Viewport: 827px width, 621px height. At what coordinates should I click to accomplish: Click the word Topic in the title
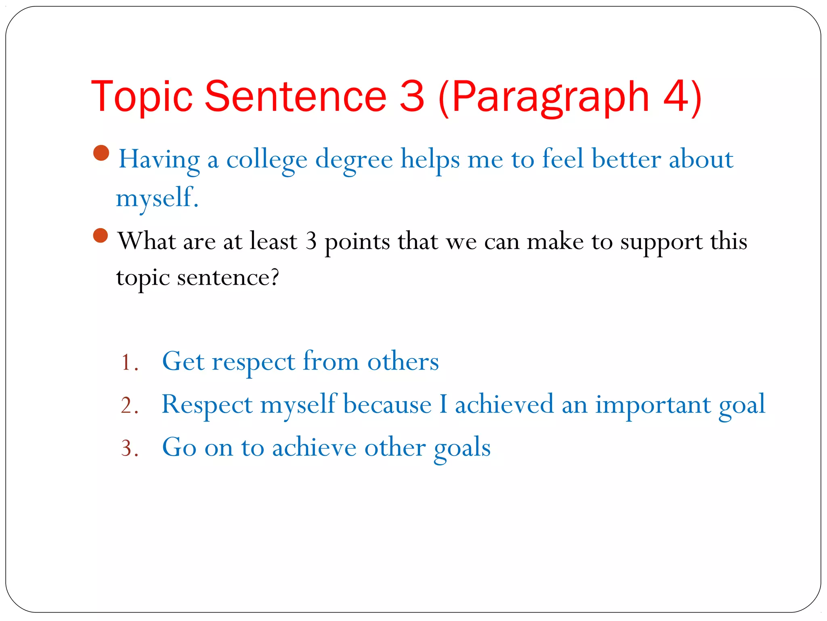point(142,97)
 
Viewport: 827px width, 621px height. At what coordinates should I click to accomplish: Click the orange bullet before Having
point(101,153)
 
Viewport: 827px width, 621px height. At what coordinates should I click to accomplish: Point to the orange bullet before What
point(101,235)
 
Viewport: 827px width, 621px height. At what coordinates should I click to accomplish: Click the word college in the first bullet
point(267,160)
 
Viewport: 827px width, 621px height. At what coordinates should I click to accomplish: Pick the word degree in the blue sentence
point(354,160)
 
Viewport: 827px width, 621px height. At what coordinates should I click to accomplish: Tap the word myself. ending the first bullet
point(157,198)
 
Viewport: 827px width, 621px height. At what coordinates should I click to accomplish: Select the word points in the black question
point(357,242)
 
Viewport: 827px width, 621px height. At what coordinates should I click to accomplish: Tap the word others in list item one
point(403,361)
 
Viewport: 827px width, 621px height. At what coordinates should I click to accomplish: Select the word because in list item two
point(387,405)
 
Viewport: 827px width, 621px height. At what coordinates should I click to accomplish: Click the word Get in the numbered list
point(183,361)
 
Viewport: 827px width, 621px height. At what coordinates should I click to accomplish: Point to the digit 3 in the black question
point(311,241)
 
